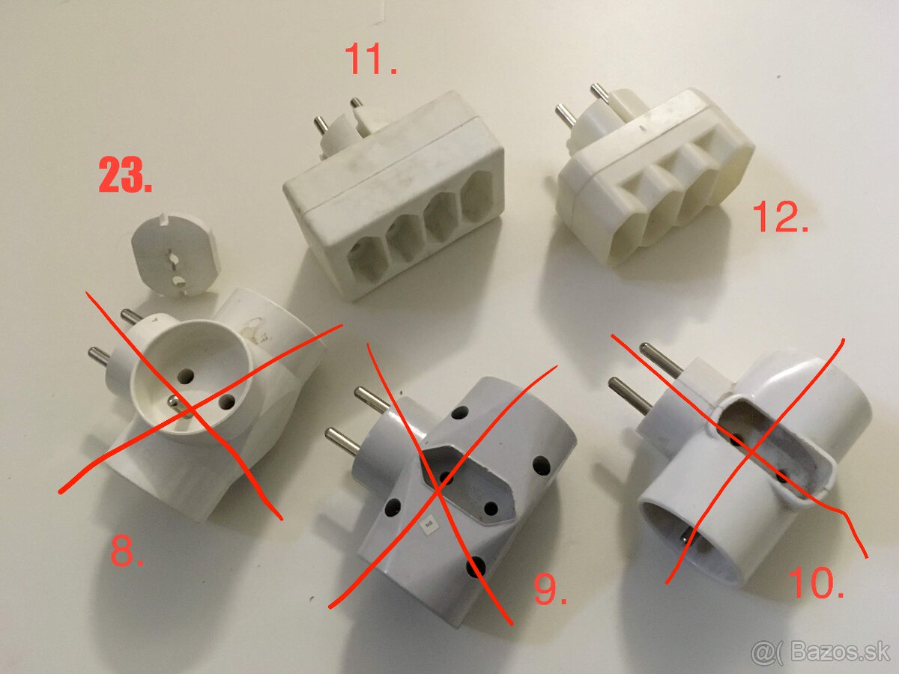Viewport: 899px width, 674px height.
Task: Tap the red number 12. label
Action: (x=780, y=216)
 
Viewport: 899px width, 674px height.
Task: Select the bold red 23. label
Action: (x=126, y=177)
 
